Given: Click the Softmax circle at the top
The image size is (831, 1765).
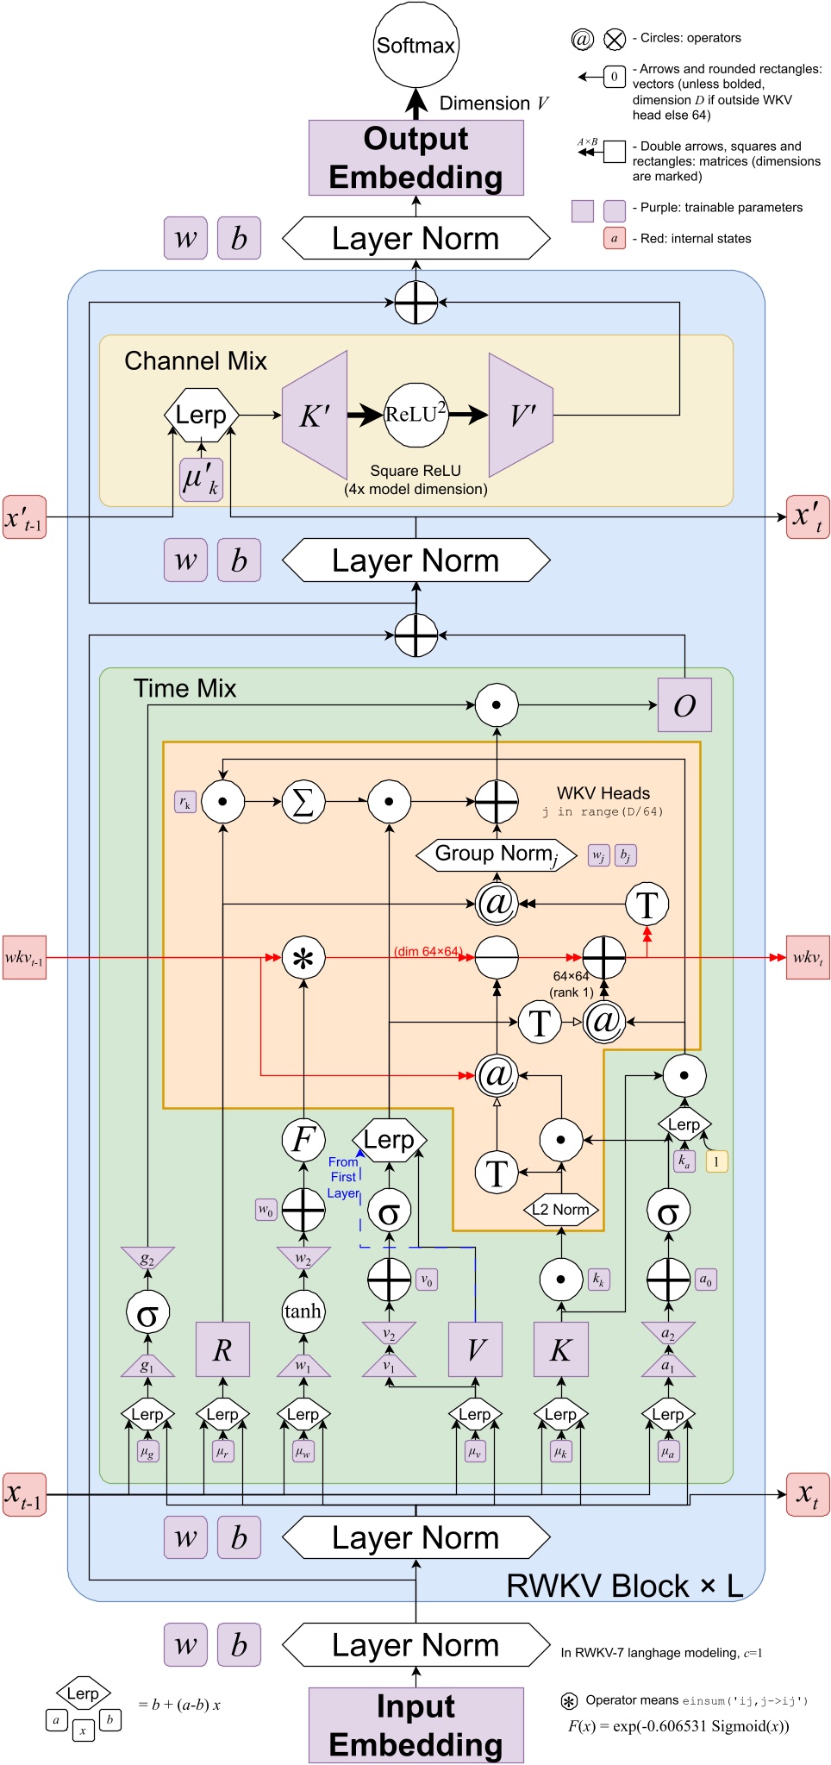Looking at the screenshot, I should [415, 45].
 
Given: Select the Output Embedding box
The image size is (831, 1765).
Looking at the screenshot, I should [415, 158].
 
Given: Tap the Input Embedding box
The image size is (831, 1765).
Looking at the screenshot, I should [415, 1724].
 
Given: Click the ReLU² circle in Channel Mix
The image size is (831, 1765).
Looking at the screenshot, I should [415, 415].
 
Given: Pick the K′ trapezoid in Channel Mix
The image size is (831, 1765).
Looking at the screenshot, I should [316, 416].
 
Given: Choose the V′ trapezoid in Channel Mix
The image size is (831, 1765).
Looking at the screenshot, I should [521, 416].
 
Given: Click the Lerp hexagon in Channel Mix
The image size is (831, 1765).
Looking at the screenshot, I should [201, 415].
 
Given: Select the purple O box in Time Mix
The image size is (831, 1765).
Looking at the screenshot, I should [684, 704].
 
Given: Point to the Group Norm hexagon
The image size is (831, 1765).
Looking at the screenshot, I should [496, 854].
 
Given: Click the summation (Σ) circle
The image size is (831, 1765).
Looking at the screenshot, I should [303, 802].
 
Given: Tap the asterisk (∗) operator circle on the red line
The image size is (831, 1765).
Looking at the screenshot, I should [303, 957].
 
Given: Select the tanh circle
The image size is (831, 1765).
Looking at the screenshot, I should [303, 1311].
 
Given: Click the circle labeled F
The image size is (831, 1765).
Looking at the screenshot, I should [303, 1139].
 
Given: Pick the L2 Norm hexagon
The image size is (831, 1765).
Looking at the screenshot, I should [560, 1210].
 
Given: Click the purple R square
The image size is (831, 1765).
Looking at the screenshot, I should [222, 1349].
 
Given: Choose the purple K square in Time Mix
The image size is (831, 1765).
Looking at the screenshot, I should [560, 1349].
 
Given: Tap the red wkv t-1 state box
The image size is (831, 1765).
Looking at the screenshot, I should [24, 957].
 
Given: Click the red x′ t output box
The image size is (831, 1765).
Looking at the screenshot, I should [807, 516].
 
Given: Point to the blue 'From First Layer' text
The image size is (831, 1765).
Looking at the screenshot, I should [343, 1177].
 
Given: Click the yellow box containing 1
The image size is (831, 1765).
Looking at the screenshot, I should [716, 1161].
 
